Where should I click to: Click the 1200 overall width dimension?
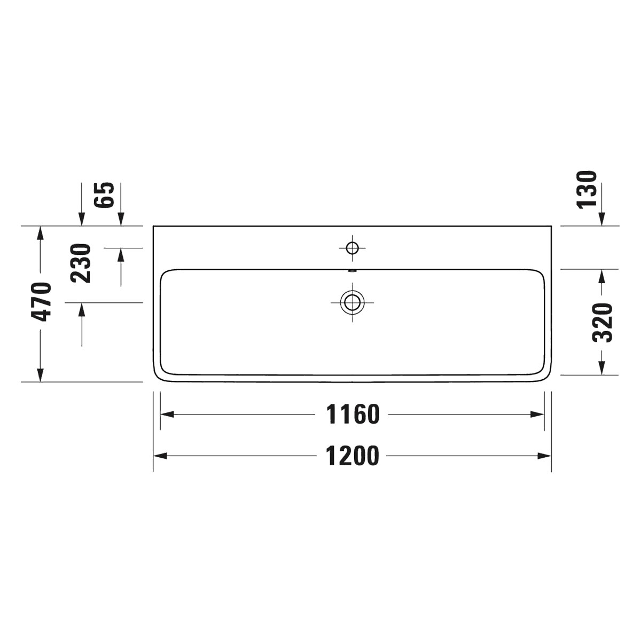point(352,456)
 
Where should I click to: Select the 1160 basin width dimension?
point(353,415)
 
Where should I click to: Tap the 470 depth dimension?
point(41,302)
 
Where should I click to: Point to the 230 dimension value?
point(81,263)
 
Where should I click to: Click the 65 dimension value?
point(104,195)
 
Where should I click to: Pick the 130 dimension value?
point(587,190)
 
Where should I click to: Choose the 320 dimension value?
point(603,323)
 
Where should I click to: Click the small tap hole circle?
point(352,248)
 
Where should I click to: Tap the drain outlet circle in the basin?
point(352,302)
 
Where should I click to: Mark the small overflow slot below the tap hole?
point(352,271)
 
